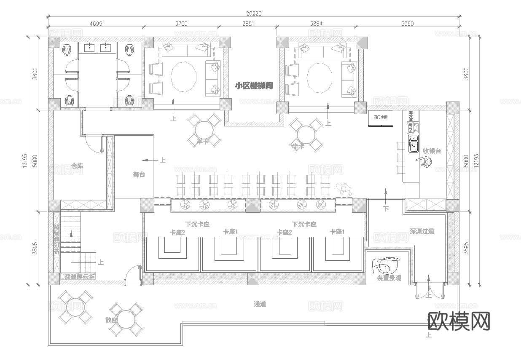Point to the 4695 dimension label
96,24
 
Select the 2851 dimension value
248,24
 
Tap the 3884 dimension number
316,24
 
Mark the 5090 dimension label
407,24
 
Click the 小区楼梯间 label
254,86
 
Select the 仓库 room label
77,166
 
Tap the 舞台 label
139,174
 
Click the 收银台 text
432,151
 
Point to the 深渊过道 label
422,231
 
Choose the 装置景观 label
389,278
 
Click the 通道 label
260,304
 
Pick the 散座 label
111,320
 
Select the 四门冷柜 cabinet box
381,118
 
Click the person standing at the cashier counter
425,162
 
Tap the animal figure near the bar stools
344,189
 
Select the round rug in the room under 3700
183,77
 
